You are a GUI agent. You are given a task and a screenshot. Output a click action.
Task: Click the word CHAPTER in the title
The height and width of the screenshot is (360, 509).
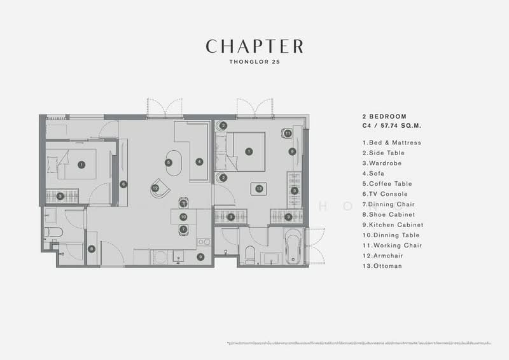coord(254,46)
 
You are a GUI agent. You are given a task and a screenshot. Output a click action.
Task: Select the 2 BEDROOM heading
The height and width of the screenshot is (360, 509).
coord(384,117)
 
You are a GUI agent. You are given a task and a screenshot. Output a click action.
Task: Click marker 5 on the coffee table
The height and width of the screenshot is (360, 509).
coord(169,162)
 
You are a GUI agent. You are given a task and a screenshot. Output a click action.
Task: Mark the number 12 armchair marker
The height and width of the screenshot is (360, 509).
coord(155,188)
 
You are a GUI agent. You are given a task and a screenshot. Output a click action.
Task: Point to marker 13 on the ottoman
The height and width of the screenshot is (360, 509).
coord(259,188)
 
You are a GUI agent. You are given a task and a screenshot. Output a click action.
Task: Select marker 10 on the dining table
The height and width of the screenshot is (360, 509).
coord(183,216)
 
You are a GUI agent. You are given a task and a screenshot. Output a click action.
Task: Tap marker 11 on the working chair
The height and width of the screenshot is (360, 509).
coord(288,134)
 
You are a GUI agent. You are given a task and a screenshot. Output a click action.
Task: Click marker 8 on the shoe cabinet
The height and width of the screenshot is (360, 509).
coord(92,249)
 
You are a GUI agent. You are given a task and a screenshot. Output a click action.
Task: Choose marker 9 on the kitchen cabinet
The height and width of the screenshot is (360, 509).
coord(200,257)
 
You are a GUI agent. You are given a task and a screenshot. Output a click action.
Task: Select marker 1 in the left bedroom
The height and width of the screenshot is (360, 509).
coord(81,164)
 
